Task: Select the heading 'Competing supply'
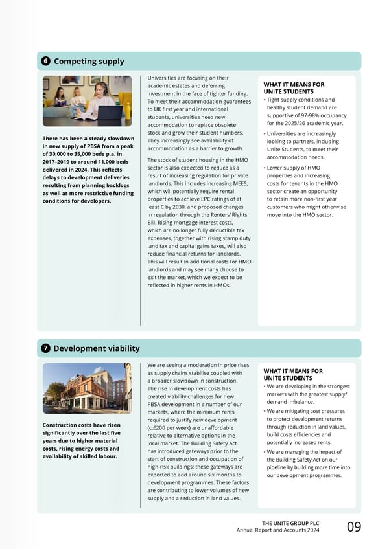coord(89,62)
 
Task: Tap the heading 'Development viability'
coord(97,348)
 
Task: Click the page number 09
coord(354,526)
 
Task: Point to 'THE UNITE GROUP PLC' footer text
coord(290,523)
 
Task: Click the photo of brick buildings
coord(87,388)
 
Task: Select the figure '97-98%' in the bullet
coord(311,115)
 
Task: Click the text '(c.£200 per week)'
coord(172,430)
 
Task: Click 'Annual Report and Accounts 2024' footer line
coord(279,531)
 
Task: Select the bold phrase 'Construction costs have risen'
coord(80,425)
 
